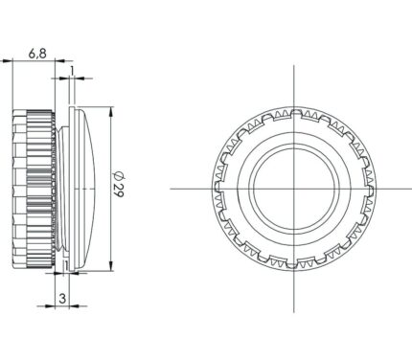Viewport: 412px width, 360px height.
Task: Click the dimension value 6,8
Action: [37, 54]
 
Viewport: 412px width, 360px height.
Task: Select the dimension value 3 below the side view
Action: [62, 299]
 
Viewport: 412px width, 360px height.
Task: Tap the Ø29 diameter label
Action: [119, 185]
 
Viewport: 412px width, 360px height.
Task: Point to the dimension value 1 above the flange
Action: [72, 71]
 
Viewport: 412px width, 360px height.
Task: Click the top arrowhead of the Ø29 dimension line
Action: [111, 111]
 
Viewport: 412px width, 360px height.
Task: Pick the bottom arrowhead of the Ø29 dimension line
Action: [111, 266]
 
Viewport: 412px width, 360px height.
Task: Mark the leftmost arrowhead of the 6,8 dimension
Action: [7, 60]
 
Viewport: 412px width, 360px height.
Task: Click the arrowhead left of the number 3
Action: [50, 306]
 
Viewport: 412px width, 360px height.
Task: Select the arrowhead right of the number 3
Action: [74, 306]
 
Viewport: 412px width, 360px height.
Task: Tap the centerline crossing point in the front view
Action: [294, 189]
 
